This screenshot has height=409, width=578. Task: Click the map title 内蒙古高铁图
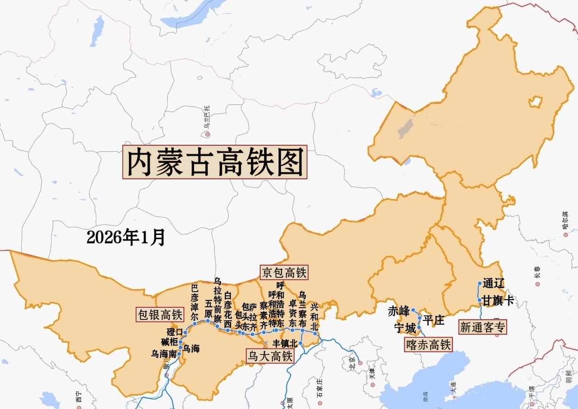click(x=215, y=162)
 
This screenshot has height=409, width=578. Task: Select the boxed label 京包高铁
click(x=284, y=272)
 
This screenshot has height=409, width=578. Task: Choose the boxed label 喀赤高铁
click(x=427, y=344)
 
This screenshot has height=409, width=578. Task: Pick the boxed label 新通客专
click(x=483, y=327)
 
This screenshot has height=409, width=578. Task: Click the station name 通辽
click(x=493, y=284)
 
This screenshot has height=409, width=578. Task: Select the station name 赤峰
click(x=399, y=311)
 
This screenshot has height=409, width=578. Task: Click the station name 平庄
click(x=433, y=320)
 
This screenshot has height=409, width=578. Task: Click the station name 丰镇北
click(x=285, y=343)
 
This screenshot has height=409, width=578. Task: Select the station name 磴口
click(x=174, y=332)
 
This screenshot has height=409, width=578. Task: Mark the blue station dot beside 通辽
click(x=480, y=284)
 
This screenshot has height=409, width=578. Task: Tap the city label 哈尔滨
click(x=565, y=221)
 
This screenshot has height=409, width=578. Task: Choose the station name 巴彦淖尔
click(x=195, y=302)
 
